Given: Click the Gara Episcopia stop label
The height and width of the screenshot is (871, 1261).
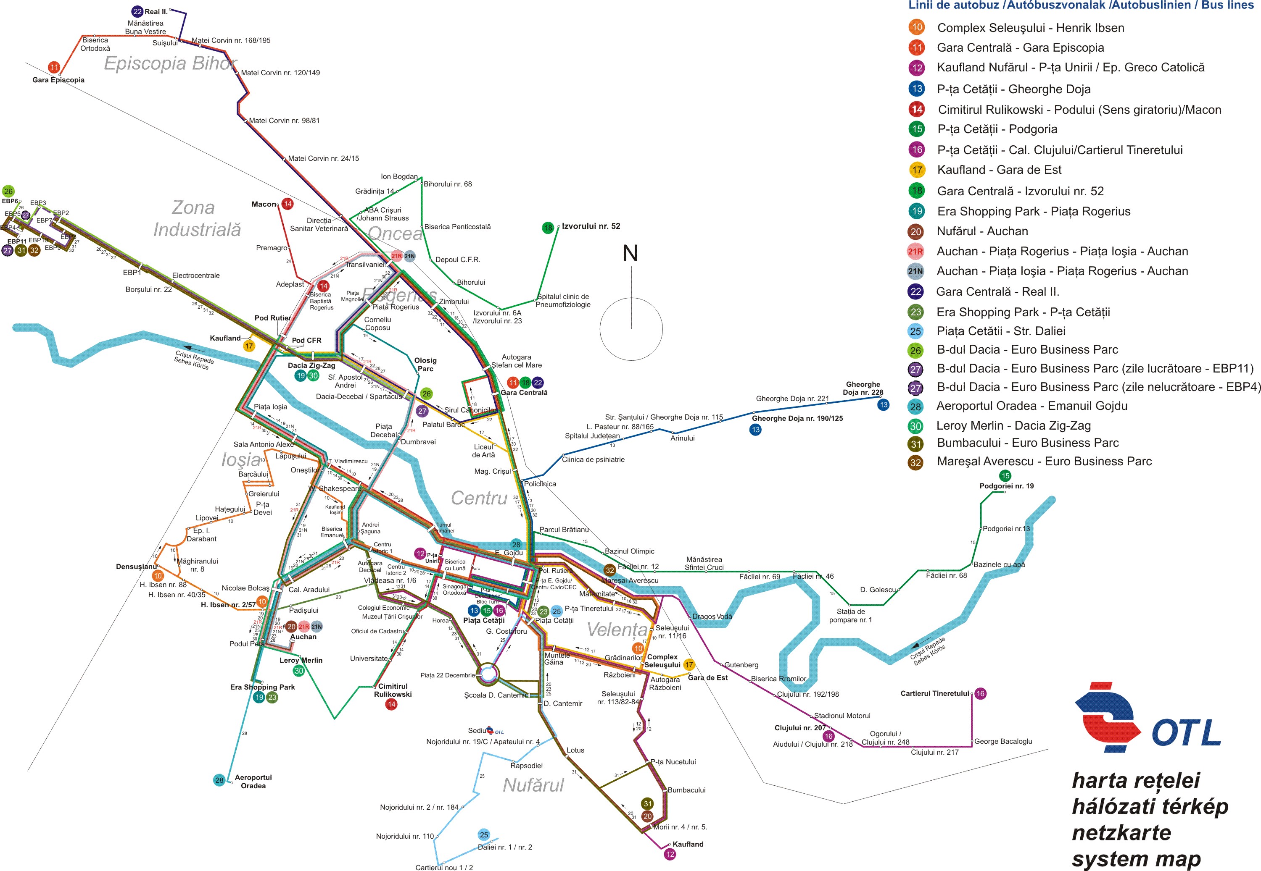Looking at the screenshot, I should point(58,80).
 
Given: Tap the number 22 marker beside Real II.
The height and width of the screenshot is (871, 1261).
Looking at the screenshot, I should point(137,11).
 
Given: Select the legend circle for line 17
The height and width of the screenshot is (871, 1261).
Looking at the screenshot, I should point(917,170).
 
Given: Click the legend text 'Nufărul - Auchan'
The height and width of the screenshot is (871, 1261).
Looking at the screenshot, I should point(982,231).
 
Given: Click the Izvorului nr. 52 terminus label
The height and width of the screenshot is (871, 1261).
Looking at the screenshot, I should point(591,226).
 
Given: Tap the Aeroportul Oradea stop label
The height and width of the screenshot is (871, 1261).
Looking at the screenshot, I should point(253,782).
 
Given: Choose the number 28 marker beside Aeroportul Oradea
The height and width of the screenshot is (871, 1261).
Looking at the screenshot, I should point(219,780).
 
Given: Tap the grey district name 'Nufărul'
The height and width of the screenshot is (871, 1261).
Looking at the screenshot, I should point(533,785).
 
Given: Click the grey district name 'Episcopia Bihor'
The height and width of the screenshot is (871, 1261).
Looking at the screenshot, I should point(170,63).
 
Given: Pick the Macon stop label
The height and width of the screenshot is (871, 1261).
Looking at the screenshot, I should point(264,204).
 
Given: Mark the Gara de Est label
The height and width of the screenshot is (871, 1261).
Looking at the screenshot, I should point(707,678).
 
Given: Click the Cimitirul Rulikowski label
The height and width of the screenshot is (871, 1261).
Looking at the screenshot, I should point(393,690).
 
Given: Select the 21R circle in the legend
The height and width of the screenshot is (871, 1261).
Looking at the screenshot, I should point(915,252).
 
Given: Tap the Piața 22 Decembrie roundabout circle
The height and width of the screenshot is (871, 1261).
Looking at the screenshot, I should point(488,674).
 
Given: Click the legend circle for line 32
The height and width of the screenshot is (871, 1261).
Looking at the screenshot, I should point(915,463).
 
